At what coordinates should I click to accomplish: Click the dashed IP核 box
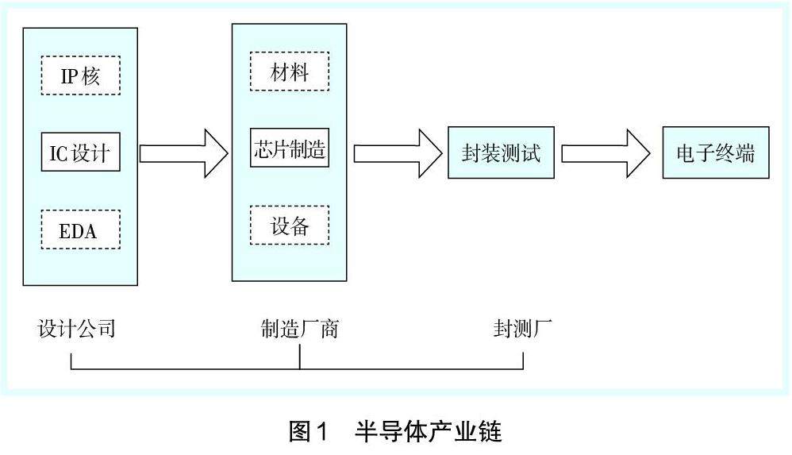click(80, 76)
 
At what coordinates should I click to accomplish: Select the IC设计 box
click(80, 152)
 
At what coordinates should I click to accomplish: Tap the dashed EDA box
click(80, 229)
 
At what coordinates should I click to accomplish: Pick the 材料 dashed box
click(289, 72)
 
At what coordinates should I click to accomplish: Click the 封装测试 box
click(500, 152)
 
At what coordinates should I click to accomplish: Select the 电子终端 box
click(716, 152)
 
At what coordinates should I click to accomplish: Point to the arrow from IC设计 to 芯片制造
click(183, 152)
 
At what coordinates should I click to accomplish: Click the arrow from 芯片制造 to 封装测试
click(396, 152)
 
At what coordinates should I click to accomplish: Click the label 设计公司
click(77, 328)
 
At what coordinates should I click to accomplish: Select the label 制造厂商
click(300, 328)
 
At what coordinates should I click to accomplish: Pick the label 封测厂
click(522, 328)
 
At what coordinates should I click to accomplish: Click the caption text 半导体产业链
click(429, 432)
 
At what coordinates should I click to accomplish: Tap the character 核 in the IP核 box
click(99, 76)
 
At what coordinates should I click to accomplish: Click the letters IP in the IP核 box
click(69, 76)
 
